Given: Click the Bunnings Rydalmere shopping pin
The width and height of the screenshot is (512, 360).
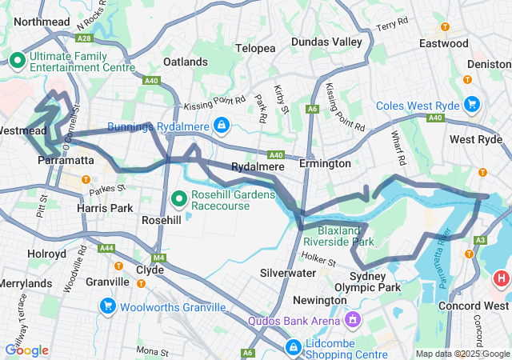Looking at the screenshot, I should click(222, 126).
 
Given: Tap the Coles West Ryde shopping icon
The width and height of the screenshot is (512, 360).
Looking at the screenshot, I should click(471, 105).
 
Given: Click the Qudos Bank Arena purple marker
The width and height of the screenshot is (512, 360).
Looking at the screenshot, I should click(350, 321).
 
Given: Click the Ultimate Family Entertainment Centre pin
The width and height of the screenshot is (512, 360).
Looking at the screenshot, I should click(18, 60).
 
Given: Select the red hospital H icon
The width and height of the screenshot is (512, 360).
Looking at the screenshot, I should click(501, 278).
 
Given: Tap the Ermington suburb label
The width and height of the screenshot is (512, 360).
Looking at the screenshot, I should click(325, 163).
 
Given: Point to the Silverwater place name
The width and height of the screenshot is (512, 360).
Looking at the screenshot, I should click(287, 273).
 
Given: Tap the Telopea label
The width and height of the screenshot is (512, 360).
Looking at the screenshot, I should click(255, 48).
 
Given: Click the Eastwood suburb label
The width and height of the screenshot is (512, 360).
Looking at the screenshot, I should click(442, 43).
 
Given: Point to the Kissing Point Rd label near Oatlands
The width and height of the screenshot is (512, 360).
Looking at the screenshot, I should click(214, 102).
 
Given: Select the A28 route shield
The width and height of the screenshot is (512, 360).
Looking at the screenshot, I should click(84, 38).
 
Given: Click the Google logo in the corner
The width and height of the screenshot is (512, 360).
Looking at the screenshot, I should click(26, 350).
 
